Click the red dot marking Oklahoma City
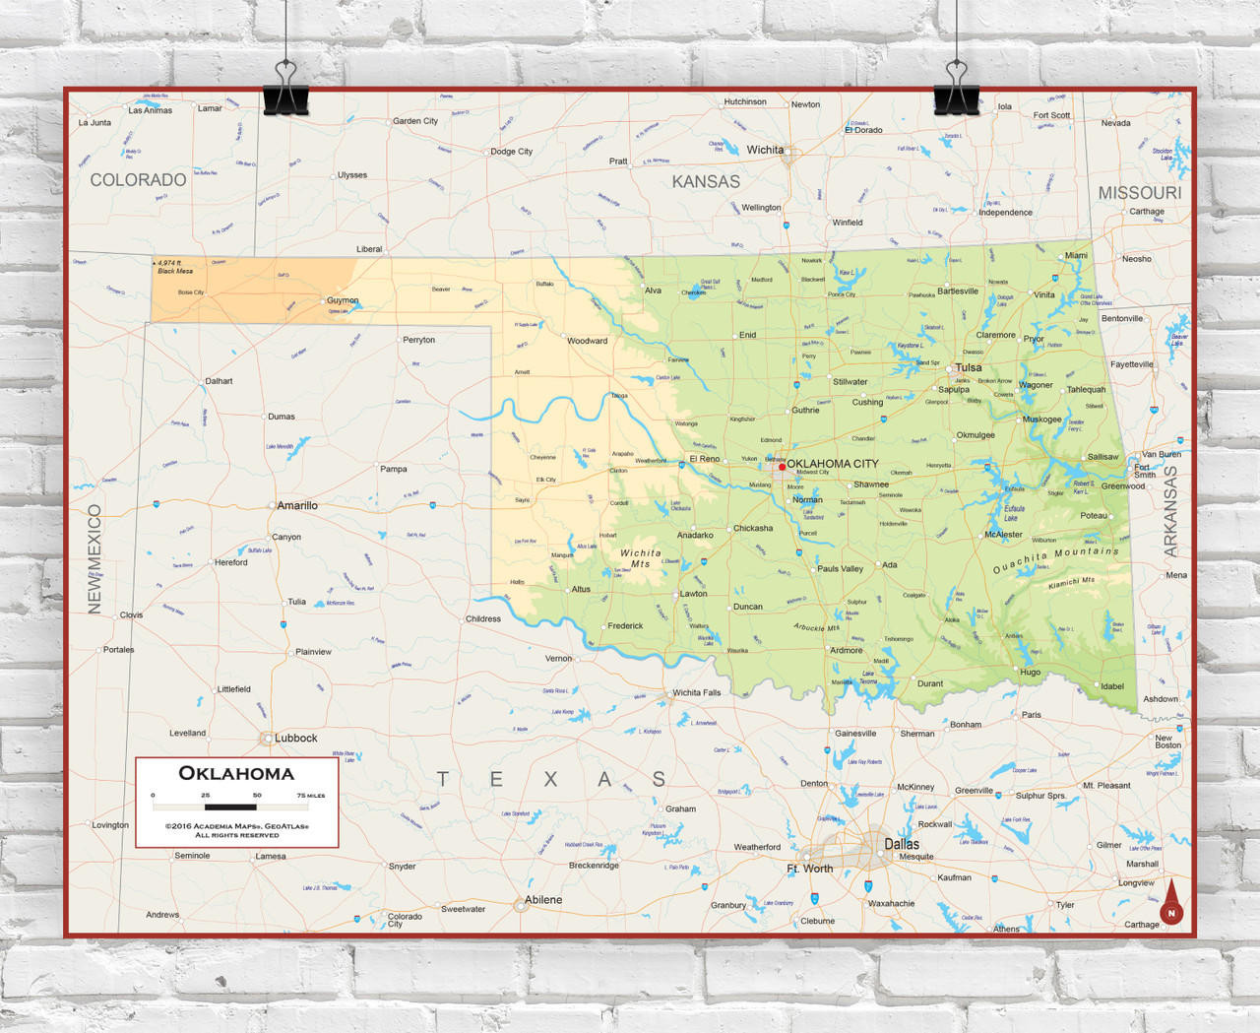pos(783,467)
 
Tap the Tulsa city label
pos(969,367)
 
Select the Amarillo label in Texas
pos(297,505)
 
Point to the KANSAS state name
pos(706,182)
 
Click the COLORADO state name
pos(138,180)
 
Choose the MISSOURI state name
pos(1140,193)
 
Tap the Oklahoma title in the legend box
pos(236,773)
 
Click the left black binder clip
pos(285,90)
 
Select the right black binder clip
pos(956,90)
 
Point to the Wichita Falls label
pos(697,692)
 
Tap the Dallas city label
pos(902,844)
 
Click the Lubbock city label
pos(295,738)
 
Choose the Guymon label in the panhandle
pos(343,300)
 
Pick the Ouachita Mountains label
pos(1055,559)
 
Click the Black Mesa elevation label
pos(174,267)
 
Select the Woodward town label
pos(587,341)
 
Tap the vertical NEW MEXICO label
pos(94,558)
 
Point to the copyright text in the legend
pos(236,830)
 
